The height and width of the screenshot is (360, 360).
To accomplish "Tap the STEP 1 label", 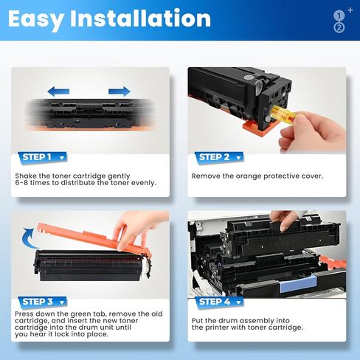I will (x=37, y=156).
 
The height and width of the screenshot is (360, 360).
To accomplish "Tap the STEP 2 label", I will (x=215, y=156).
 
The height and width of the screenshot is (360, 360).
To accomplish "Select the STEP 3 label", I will (x=37, y=301).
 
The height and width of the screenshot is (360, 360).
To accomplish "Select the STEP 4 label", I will (x=215, y=301).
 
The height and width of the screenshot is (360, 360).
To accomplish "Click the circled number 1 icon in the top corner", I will (x=339, y=15).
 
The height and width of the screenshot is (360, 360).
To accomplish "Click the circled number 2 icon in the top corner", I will (x=339, y=27).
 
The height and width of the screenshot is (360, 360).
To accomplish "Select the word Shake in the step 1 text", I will (x=27, y=176).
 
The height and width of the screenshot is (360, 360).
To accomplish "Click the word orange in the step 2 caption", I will (x=249, y=176).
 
